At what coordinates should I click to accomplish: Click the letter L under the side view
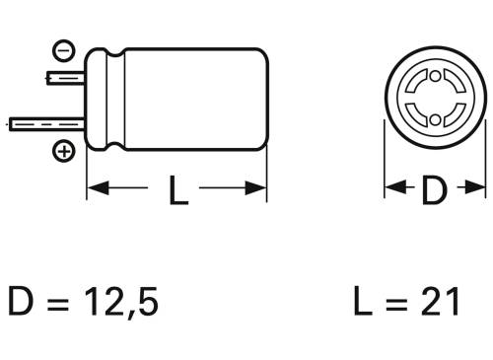point(177,191)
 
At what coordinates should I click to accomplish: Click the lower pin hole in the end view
point(434,119)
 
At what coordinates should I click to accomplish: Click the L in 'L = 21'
point(363,300)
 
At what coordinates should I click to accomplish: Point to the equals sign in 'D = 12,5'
point(62,301)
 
